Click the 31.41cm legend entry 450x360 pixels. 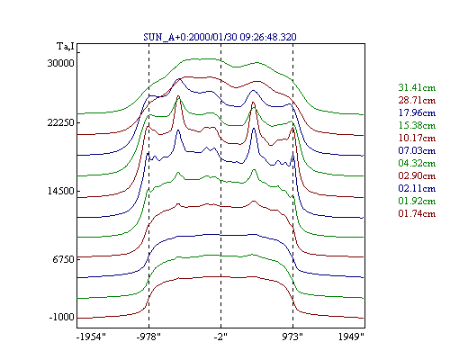click(x=417, y=87)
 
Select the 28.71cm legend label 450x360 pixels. click(x=417, y=100)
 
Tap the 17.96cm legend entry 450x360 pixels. click(x=417, y=112)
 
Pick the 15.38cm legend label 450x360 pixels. click(x=417, y=125)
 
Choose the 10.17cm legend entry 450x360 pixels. click(x=417, y=138)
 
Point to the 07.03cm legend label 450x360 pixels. click(x=417, y=150)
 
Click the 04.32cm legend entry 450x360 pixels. click(x=417, y=163)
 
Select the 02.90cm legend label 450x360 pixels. click(x=417, y=175)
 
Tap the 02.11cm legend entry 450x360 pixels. click(x=417, y=188)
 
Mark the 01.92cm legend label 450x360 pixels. click(x=417, y=201)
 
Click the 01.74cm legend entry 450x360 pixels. click(x=417, y=213)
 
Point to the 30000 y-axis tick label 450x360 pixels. click(x=60, y=63)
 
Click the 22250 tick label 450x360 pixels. click(x=60, y=122)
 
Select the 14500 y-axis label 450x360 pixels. click(x=60, y=191)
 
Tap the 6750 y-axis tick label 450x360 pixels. click(x=63, y=259)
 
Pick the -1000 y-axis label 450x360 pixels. click(x=61, y=318)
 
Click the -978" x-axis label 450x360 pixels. click(x=148, y=337)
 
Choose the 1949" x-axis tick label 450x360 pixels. click(x=351, y=337)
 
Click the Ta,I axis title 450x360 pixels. click(x=66, y=47)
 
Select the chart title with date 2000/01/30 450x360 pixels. click(x=220, y=37)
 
